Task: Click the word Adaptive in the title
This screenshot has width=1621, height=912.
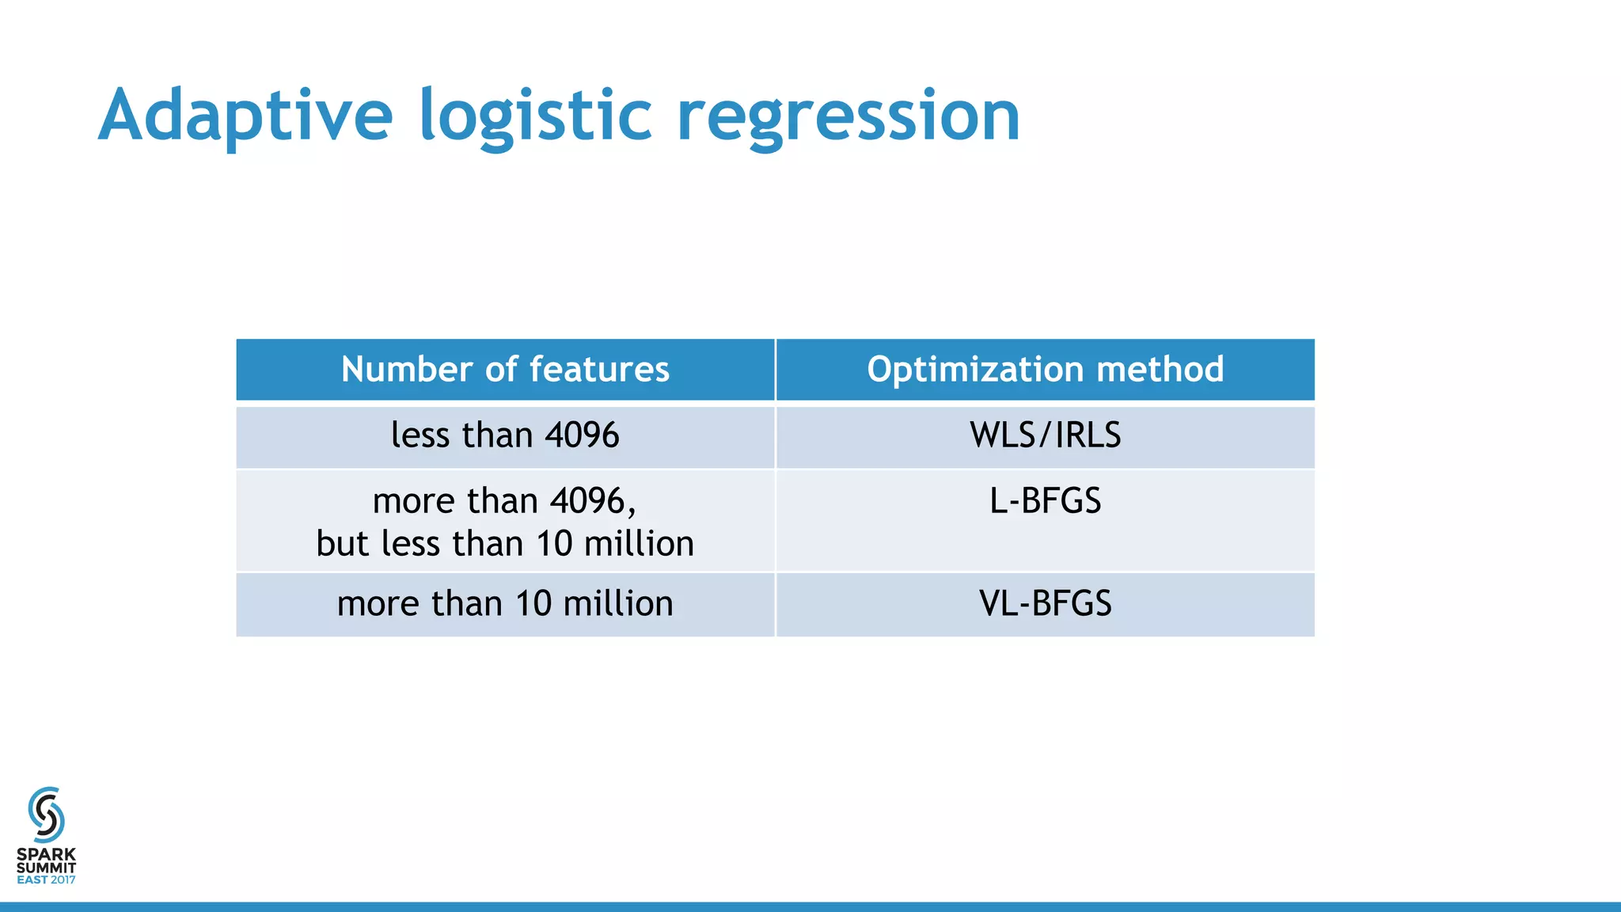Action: click(245, 116)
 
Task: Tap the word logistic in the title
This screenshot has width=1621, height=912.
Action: click(535, 116)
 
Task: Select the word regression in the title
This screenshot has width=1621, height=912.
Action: click(848, 116)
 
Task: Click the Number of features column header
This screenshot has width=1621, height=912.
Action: click(505, 370)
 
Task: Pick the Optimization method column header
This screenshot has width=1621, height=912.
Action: click(1045, 370)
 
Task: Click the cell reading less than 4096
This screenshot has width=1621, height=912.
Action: click(505, 435)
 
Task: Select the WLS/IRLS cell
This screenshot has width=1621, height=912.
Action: click(1045, 435)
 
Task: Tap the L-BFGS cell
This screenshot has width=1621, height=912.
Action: click(1045, 501)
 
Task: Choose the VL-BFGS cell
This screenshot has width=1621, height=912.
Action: click(1045, 604)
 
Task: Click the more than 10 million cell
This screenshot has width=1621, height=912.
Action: click(505, 604)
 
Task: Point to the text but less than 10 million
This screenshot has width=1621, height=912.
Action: click(505, 544)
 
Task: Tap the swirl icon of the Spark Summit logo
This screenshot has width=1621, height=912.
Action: click(46, 815)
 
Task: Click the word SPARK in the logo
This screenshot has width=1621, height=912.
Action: click(46, 855)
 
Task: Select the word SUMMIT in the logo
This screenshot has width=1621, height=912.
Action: click(46, 868)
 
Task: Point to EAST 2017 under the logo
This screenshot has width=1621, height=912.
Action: click(46, 880)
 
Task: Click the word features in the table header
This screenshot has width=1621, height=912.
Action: click(599, 370)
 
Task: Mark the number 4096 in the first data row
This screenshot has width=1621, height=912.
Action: click(582, 435)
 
